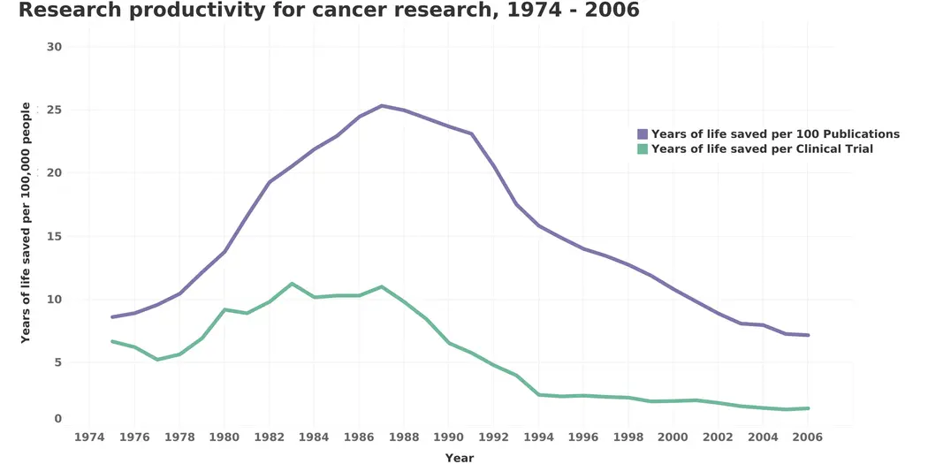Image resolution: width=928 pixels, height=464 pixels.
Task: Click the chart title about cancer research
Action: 328,11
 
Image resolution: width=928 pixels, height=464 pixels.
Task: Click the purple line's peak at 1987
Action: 382,106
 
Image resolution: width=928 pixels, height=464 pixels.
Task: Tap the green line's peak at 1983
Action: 292,284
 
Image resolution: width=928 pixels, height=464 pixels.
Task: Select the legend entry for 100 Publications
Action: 775,134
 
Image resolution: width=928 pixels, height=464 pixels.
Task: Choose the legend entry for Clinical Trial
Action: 762,149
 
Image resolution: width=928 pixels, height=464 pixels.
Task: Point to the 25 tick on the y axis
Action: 54,110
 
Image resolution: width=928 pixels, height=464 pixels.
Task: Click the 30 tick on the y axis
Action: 54,47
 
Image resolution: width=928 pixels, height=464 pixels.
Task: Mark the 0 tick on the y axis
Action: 57,419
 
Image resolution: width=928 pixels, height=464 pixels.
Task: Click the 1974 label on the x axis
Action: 89,437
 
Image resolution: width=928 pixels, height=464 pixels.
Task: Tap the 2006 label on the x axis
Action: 808,437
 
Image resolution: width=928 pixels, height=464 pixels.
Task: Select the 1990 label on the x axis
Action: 448,437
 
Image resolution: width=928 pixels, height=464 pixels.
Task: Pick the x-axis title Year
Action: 460,458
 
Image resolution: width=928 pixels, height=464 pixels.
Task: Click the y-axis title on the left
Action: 26,223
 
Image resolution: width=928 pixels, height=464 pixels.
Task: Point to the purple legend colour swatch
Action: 643,134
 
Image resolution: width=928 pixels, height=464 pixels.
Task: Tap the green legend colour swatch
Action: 643,149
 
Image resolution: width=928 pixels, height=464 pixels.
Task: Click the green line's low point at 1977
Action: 157,360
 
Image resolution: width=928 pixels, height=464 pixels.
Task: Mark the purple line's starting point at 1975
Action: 112,316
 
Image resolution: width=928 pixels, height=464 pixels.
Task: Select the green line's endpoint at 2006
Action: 808,408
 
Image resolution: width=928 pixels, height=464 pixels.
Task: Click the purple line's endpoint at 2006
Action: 808,335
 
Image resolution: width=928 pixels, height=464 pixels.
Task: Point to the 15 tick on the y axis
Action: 54,237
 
